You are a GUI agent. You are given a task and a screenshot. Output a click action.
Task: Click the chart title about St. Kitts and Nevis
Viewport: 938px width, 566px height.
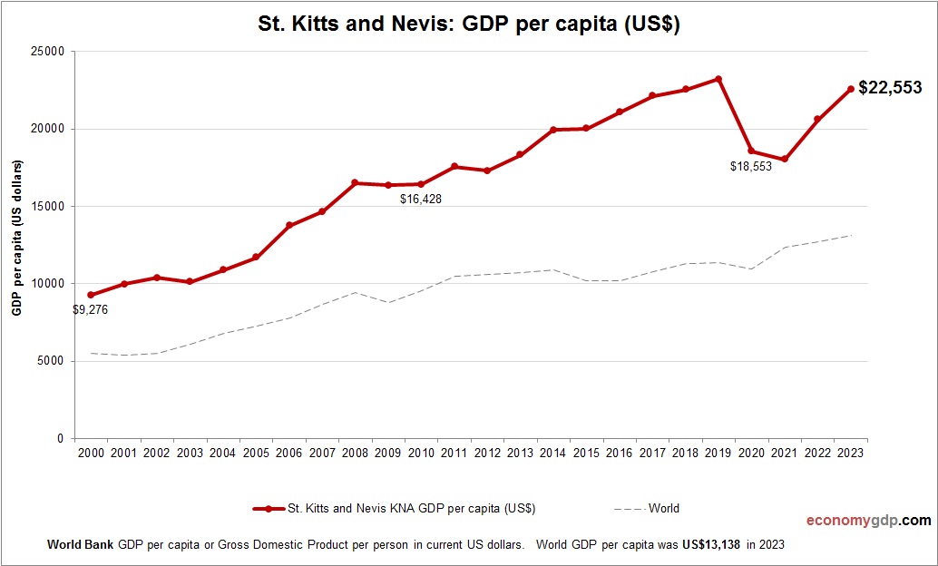469,25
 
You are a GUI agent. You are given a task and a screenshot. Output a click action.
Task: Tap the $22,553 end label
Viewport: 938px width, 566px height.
890,88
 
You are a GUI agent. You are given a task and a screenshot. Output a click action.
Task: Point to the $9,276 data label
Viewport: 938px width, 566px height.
90,309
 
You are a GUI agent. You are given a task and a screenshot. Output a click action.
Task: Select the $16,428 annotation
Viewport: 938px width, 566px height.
420,199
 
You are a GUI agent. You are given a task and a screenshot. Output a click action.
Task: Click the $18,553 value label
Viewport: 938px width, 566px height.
750,167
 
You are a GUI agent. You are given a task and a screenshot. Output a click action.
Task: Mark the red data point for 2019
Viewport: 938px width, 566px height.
718,79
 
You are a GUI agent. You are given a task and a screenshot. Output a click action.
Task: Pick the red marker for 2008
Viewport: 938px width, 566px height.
355,183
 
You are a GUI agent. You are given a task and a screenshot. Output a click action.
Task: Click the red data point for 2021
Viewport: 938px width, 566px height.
784,160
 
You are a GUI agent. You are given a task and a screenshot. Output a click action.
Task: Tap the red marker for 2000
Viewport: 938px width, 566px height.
91,295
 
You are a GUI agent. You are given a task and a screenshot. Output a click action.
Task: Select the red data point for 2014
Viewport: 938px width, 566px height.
553,130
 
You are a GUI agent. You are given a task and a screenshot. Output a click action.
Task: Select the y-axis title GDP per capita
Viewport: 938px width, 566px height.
17,238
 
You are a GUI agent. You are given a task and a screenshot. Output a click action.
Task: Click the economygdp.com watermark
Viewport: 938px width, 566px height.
869,521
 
